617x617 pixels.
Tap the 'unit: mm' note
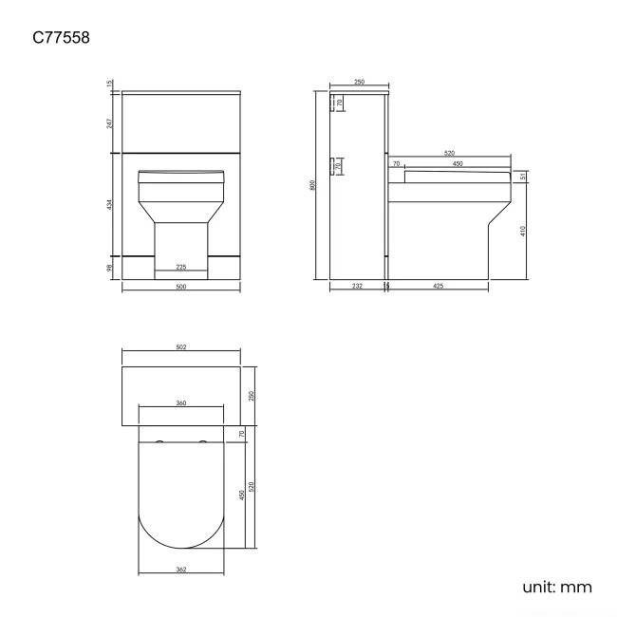pos(556,587)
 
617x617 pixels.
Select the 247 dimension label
pos(110,122)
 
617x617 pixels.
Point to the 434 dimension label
pos(110,204)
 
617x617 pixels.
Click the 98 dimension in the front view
pos(110,270)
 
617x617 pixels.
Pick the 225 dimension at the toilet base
pos(180,267)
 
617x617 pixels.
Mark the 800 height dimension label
pos(313,185)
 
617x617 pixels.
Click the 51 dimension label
pos(523,177)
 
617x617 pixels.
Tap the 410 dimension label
pos(523,232)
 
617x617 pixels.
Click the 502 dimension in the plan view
pos(180,347)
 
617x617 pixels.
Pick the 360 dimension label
pos(180,403)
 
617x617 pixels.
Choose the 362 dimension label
pos(180,570)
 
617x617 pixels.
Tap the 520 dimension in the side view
pos(447,153)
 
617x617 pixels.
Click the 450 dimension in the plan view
pos(243,495)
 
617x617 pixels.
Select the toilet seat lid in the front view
pos(180,176)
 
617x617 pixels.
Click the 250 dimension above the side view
pos(359,83)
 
